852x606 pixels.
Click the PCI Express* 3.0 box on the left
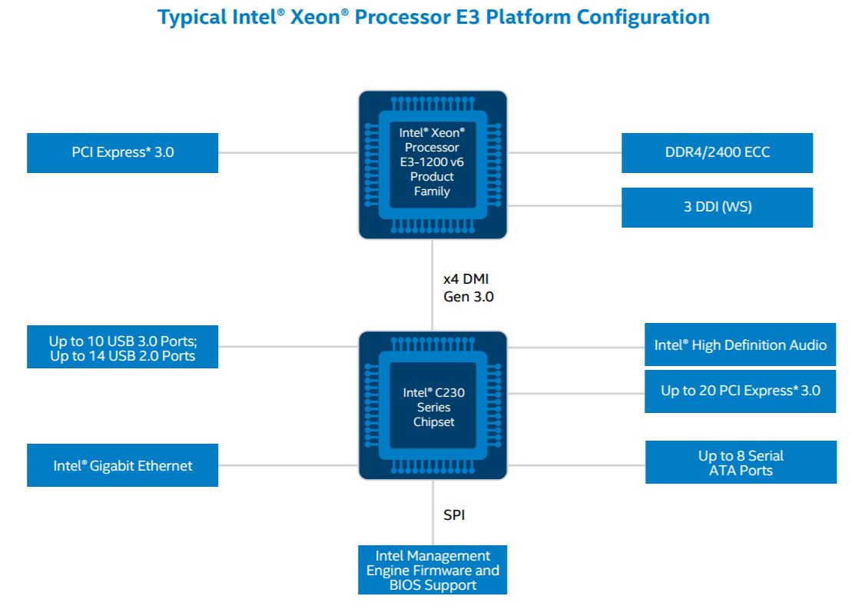[122, 152]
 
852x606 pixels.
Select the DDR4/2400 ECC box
[717, 152]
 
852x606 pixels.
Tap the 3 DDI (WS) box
[717, 207]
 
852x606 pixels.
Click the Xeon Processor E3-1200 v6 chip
[433, 164]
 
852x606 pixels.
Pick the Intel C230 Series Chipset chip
[433, 406]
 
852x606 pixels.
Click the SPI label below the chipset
[454, 514]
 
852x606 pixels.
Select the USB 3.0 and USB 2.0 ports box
[122, 348]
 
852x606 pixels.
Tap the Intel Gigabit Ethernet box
[122, 465]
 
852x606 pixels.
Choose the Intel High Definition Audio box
[740, 345]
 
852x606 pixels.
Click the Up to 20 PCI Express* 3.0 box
[740, 391]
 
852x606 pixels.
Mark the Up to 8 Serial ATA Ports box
[741, 462]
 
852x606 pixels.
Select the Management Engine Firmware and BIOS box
[433, 570]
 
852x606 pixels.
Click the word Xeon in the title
[312, 17]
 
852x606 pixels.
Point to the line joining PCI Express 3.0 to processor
[288, 152]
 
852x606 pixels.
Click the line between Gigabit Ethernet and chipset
[288, 465]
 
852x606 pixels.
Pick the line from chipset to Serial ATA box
[576, 465]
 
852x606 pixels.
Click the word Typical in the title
[191, 17]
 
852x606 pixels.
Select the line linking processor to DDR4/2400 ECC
[565, 152]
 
